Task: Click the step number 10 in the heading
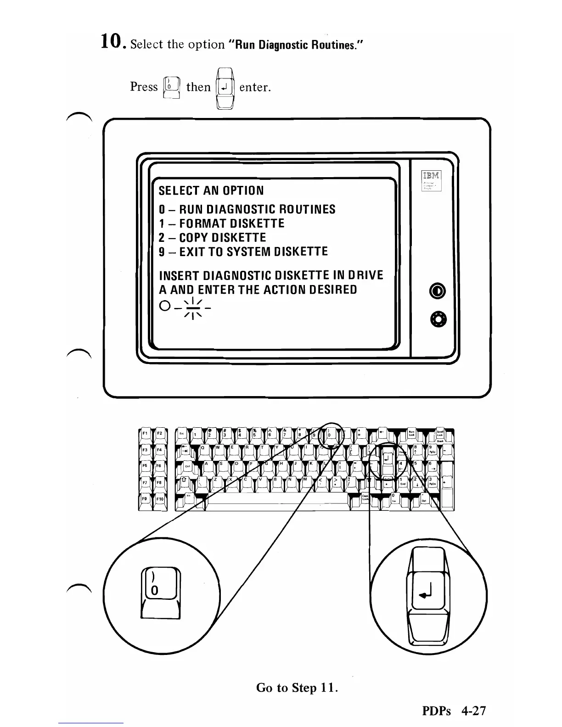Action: pyautogui.click(x=112, y=43)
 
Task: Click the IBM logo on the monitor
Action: pyautogui.click(x=431, y=176)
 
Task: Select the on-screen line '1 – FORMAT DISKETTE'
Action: pyautogui.click(x=221, y=224)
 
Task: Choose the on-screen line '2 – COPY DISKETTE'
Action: pyautogui.click(x=212, y=238)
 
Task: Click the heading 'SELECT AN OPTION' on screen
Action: pyautogui.click(x=211, y=190)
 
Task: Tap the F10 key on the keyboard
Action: pyautogui.click(x=160, y=499)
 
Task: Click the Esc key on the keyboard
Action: pyautogui.click(x=182, y=434)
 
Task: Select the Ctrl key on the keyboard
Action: pyautogui.click(x=188, y=467)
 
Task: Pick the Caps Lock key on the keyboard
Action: pyautogui.click(x=365, y=498)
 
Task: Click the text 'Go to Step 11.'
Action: pyautogui.click(x=297, y=688)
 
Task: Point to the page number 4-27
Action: pyautogui.click(x=473, y=711)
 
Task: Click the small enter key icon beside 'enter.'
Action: pyautogui.click(x=225, y=87)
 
